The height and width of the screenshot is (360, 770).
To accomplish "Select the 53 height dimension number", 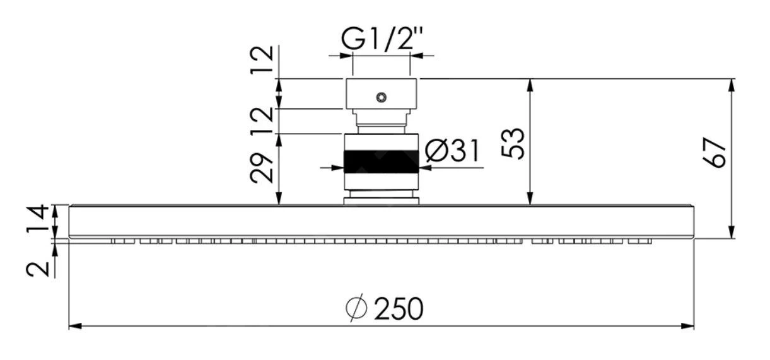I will (x=514, y=144).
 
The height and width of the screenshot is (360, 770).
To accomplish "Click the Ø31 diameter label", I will (x=452, y=151).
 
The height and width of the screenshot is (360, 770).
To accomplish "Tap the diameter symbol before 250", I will (x=356, y=309).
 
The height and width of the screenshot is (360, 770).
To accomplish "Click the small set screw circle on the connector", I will (x=380, y=98).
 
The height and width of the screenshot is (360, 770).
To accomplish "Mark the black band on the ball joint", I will (x=381, y=161).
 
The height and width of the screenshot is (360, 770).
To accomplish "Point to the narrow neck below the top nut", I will (x=381, y=120).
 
